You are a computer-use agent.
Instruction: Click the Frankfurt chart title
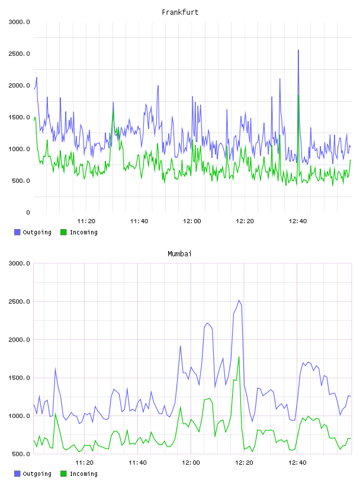click(180, 12)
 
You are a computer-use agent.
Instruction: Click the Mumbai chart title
click(179, 254)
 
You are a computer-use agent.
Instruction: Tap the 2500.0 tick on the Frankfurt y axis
click(20, 54)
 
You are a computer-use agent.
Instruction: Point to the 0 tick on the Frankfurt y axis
click(28, 212)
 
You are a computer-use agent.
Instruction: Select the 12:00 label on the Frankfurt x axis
click(192, 221)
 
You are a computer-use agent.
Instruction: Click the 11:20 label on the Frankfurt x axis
click(86, 221)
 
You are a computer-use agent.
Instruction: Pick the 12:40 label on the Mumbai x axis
click(297, 463)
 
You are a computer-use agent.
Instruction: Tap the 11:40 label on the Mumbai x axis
click(137, 463)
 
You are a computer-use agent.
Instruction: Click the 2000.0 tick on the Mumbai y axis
click(20, 340)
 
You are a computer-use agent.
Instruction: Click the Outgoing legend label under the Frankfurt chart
click(37, 232)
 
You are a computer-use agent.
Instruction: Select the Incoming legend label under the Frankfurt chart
click(83, 232)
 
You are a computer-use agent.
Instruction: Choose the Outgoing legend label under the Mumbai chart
click(37, 474)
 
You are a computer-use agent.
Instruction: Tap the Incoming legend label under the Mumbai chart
click(83, 474)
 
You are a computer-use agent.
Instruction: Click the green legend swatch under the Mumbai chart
click(63, 474)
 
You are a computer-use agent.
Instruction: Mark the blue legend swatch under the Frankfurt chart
click(17, 232)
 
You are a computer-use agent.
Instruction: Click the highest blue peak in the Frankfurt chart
click(298, 50)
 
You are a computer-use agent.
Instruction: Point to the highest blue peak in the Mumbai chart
click(239, 300)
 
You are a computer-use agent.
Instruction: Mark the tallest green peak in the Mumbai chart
click(239, 357)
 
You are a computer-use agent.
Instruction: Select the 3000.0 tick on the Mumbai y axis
click(20, 263)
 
